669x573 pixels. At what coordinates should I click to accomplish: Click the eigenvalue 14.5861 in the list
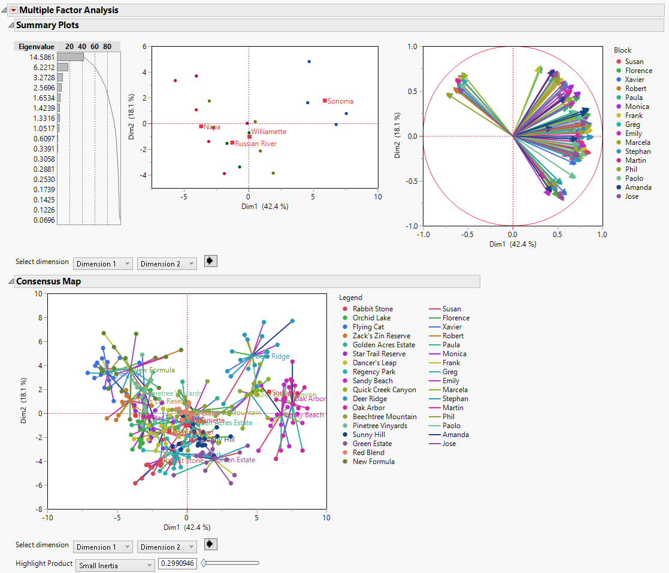pos(41,57)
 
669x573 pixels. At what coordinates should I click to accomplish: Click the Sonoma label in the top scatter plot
pos(340,101)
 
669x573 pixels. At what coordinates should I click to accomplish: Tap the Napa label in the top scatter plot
pos(211,127)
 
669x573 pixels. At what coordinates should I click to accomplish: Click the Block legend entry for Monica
pos(637,107)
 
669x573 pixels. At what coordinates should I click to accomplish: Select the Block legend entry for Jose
pos(631,196)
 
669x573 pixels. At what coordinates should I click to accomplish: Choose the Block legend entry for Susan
pos(634,62)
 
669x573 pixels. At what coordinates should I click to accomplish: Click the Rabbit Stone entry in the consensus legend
pos(373,309)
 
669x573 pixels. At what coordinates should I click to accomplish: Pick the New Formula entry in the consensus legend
pos(373,462)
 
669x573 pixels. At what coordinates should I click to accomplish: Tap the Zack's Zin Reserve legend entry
pos(381,336)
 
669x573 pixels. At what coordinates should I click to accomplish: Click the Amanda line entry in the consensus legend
pos(455,435)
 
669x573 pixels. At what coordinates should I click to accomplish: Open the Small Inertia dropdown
pos(115,565)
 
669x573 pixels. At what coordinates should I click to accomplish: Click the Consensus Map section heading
pos(48,281)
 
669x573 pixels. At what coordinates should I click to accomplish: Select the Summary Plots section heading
pos(47,25)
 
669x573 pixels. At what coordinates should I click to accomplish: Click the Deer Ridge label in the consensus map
pos(273,356)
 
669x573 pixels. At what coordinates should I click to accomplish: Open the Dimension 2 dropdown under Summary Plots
pos(167,263)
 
